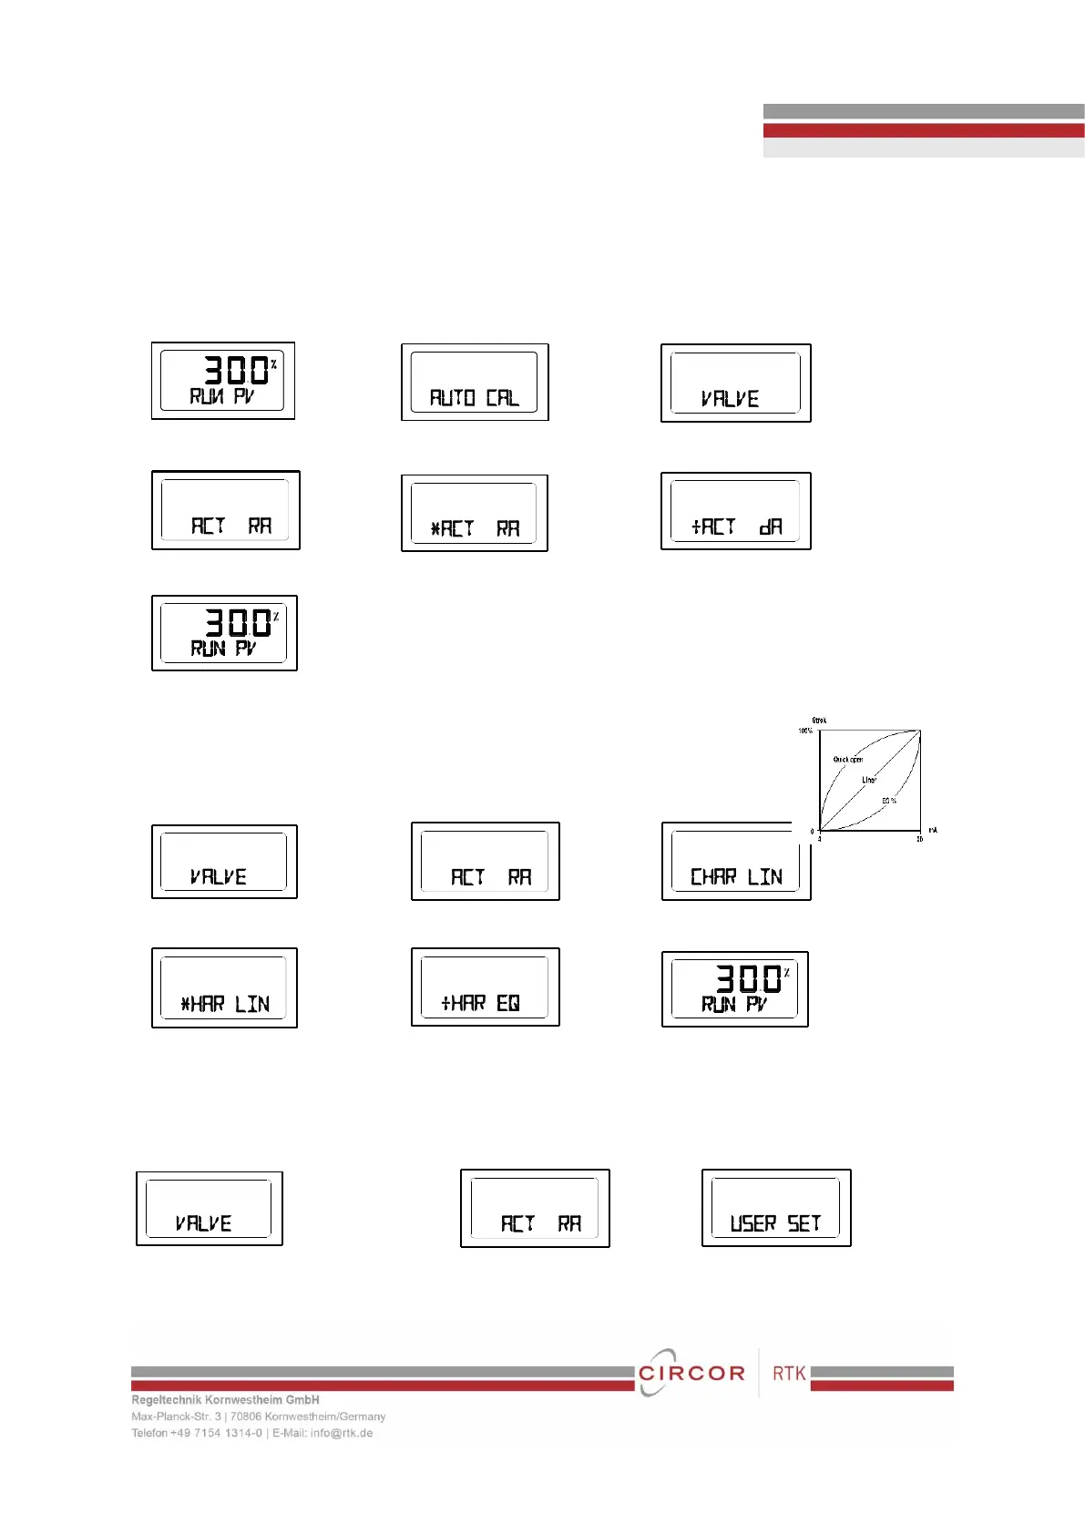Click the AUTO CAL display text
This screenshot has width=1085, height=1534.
pyautogui.click(x=474, y=398)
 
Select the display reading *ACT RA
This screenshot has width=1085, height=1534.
pyautogui.click(x=475, y=528)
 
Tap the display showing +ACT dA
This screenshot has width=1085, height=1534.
pyautogui.click(x=736, y=527)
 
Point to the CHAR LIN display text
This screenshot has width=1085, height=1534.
pyautogui.click(x=736, y=876)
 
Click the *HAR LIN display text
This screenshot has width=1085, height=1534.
pyautogui.click(x=225, y=1004)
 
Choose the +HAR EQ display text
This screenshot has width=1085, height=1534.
pyautogui.click(x=480, y=1003)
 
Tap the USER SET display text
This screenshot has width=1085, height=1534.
pyautogui.click(x=775, y=1223)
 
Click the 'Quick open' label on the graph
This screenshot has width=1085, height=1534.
pyautogui.click(x=847, y=759)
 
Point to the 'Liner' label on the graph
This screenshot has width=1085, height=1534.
pyautogui.click(x=869, y=780)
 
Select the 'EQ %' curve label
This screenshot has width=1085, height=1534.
pyautogui.click(x=888, y=801)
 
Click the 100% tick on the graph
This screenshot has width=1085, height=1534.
pyautogui.click(x=805, y=731)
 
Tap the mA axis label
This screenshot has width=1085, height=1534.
pyautogui.click(x=932, y=830)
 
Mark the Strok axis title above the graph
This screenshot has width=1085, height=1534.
pyautogui.click(x=819, y=721)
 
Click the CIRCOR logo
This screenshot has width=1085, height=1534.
pyautogui.click(x=691, y=1373)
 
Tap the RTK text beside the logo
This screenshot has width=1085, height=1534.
pyautogui.click(x=789, y=1373)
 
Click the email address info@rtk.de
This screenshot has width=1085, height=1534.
pyautogui.click(x=342, y=1433)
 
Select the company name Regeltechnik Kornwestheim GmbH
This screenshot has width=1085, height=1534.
pyautogui.click(x=225, y=1400)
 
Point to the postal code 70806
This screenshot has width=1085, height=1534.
pyautogui.click(x=246, y=1416)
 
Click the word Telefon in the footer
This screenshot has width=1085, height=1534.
pyautogui.click(x=148, y=1433)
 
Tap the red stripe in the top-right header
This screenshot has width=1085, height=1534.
pyautogui.click(x=923, y=130)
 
